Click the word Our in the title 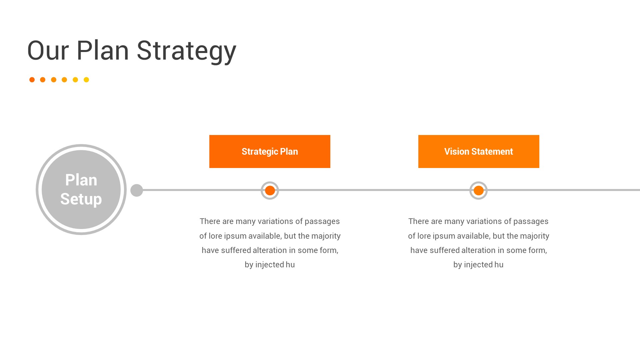[x=48, y=51]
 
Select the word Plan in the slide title [x=103, y=50]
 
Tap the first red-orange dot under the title [x=32, y=80]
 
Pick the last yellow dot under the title [x=86, y=80]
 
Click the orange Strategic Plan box [x=270, y=151]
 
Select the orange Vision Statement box [x=479, y=151]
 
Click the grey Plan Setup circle [x=81, y=190]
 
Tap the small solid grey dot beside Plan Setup [x=137, y=190]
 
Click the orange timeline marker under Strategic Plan [x=270, y=190]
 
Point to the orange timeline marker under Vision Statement [x=479, y=190]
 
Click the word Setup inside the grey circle [x=81, y=199]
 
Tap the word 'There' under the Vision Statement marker [x=419, y=221]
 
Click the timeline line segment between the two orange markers [x=374, y=190]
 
